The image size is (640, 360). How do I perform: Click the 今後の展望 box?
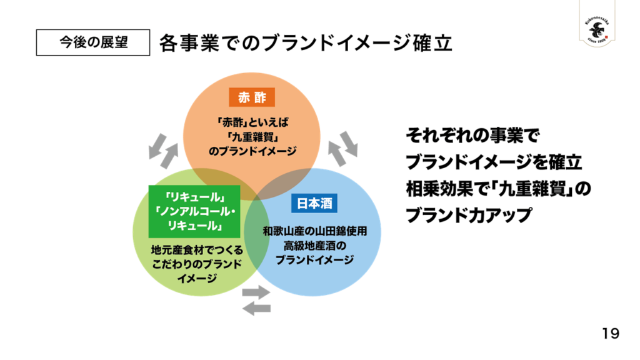pyautogui.click(x=93, y=42)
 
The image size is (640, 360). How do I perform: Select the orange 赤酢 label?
pyautogui.click(x=252, y=98)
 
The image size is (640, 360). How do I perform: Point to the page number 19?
pyautogui.click(x=611, y=333)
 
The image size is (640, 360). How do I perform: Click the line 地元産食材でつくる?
pyautogui.click(x=197, y=251)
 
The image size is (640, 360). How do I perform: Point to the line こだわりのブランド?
pyautogui.click(x=197, y=264)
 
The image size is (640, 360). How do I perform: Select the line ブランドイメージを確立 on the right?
pyautogui.click(x=494, y=161)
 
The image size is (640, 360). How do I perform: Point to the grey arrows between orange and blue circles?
pyautogui.click(x=343, y=148)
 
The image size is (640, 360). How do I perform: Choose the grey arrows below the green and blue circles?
pyautogui.click(x=256, y=300)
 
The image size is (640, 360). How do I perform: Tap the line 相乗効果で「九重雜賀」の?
pyautogui.click(x=498, y=188)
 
